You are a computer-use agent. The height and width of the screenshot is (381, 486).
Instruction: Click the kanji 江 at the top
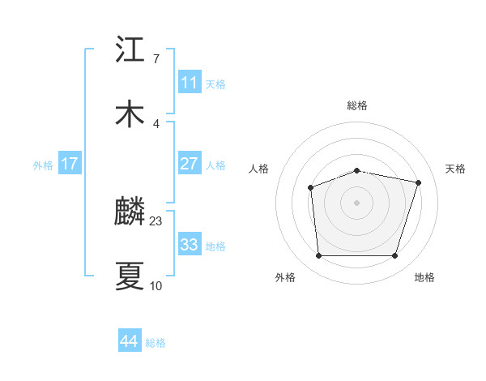[x=130, y=49]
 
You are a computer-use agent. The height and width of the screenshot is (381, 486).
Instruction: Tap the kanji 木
[x=130, y=113]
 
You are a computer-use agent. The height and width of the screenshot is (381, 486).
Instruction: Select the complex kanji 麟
[x=130, y=212]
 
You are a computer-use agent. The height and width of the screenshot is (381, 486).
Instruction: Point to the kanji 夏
[x=130, y=276]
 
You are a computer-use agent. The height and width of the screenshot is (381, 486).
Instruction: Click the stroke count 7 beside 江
[x=156, y=59]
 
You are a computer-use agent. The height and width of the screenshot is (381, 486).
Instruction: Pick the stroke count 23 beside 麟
[x=156, y=220]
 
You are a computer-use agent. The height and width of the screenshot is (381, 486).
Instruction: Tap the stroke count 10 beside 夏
[x=156, y=285]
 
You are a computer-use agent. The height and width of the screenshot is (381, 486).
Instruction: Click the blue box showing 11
[x=189, y=83]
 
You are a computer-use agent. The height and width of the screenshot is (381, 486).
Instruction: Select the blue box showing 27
[x=189, y=164]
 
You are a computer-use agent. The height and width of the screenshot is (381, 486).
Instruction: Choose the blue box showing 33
[x=189, y=245]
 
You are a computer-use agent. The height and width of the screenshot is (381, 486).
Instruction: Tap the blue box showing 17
[x=70, y=164]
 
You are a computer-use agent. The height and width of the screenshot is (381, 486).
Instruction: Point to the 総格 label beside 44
[x=156, y=343]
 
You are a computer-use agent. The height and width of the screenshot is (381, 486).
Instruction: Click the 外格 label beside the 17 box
[x=43, y=165]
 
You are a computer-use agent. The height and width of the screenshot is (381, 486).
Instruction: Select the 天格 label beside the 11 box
[x=215, y=84]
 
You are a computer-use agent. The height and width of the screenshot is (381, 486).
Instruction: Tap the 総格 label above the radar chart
[x=357, y=105]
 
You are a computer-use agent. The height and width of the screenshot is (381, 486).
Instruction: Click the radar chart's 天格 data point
[x=419, y=182]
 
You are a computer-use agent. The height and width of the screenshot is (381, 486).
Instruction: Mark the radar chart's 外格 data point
[x=318, y=256]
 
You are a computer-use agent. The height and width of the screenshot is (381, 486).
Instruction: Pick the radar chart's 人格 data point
[x=310, y=187]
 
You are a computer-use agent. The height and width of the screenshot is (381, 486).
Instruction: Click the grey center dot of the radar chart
[x=356, y=202]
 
